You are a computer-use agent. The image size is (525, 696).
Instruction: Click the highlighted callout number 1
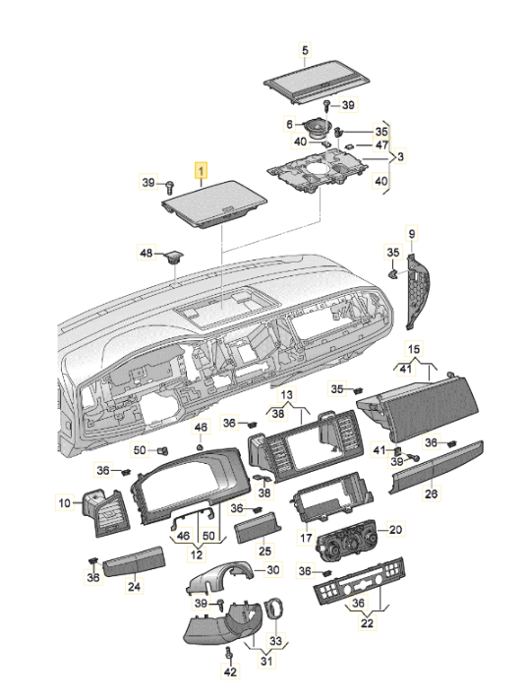tap(202, 170)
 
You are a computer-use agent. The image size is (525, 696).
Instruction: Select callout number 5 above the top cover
tap(305, 50)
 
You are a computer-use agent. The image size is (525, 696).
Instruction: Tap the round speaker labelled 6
tap(318, 129)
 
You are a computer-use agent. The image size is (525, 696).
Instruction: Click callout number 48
tap(146, 253)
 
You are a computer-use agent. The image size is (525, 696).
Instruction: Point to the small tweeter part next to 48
tap(174, 257)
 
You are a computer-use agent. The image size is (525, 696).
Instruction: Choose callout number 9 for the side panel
tap(411, 234)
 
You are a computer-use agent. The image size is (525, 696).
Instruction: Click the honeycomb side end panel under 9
tap(417, 292)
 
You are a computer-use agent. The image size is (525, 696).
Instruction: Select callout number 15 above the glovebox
tap(414, 349)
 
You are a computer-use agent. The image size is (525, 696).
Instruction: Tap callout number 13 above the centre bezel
tap(287, 394)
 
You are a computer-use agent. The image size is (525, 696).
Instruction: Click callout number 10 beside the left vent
tap(65, 502)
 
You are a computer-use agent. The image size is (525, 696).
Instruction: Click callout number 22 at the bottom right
tap(368, 622)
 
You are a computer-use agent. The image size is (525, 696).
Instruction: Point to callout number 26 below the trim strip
tap(431, 493)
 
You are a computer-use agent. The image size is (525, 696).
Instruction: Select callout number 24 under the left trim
tap(134, 586)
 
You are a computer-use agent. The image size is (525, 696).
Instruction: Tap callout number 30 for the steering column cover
tap(273, 569)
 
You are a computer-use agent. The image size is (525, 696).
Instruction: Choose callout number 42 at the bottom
tap(230, 671)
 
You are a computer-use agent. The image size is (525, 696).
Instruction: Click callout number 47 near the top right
tap(381, 145)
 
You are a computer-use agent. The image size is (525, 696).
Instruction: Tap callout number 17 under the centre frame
tap(306, 538)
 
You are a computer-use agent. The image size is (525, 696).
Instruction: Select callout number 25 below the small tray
tap(264, 551)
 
